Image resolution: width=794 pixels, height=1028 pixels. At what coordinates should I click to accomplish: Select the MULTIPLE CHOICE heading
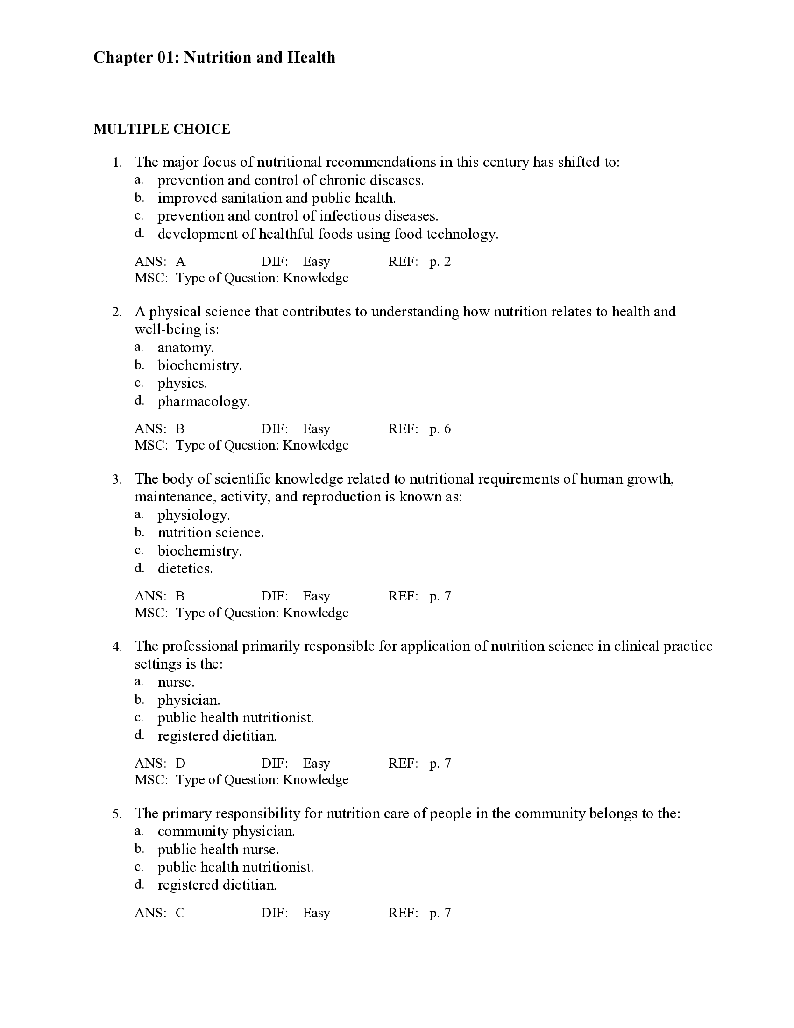coord(162,129)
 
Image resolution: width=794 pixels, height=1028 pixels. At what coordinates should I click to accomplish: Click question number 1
coord(117,163)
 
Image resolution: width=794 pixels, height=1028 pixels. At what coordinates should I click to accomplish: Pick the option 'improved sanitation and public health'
coord(276,198)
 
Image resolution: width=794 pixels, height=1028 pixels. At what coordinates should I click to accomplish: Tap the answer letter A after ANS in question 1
coord(181,262)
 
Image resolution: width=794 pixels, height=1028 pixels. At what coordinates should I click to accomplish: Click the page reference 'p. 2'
coord(440,262)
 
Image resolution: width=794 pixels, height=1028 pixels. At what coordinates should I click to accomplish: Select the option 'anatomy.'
coord(185,348)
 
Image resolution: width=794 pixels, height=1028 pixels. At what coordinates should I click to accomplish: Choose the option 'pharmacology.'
coord(203,401)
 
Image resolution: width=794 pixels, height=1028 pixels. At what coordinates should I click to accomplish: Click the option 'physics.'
coord(182,384)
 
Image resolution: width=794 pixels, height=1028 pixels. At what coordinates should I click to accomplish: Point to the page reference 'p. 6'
coord(440,429)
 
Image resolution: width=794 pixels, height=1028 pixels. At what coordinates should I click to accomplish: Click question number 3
coord(117,479)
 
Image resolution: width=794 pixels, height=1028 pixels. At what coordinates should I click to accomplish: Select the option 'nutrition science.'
coord(211,533)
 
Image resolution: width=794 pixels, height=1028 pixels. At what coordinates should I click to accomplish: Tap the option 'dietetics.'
coord(185,569)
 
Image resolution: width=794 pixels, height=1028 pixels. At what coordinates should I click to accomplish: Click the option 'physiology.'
coord(193,515)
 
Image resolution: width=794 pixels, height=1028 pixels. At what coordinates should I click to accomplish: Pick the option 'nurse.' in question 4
coord(176,682)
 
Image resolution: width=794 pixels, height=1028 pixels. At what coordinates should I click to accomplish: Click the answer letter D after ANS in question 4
coord(181,763)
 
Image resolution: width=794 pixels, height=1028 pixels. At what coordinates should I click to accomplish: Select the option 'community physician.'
coord(226,831)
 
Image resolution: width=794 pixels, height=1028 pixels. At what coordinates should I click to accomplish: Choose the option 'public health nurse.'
coord(218,849)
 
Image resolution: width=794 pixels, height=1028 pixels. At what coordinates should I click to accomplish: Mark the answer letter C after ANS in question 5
coord(181,913)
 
